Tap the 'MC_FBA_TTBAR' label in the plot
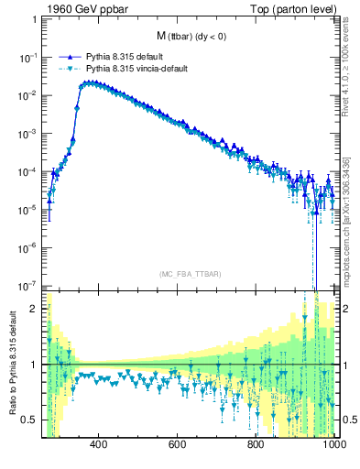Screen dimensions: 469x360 coord(191,273)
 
